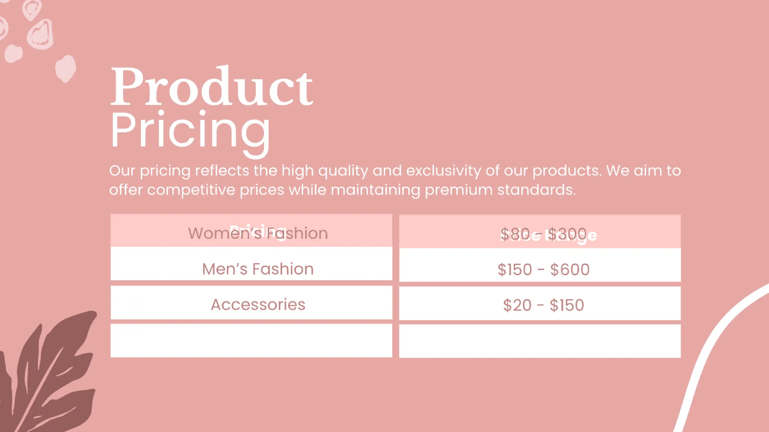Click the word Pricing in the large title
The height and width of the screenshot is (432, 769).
coord(190,130)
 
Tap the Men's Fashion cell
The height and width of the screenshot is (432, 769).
coord(258,269)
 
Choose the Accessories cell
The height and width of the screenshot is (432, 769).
coord(258,305)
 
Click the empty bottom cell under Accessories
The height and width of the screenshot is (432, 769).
coord(251,340)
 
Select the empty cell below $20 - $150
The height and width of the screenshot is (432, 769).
coord(540,341)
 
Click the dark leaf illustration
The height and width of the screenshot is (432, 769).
coord(51,378)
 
